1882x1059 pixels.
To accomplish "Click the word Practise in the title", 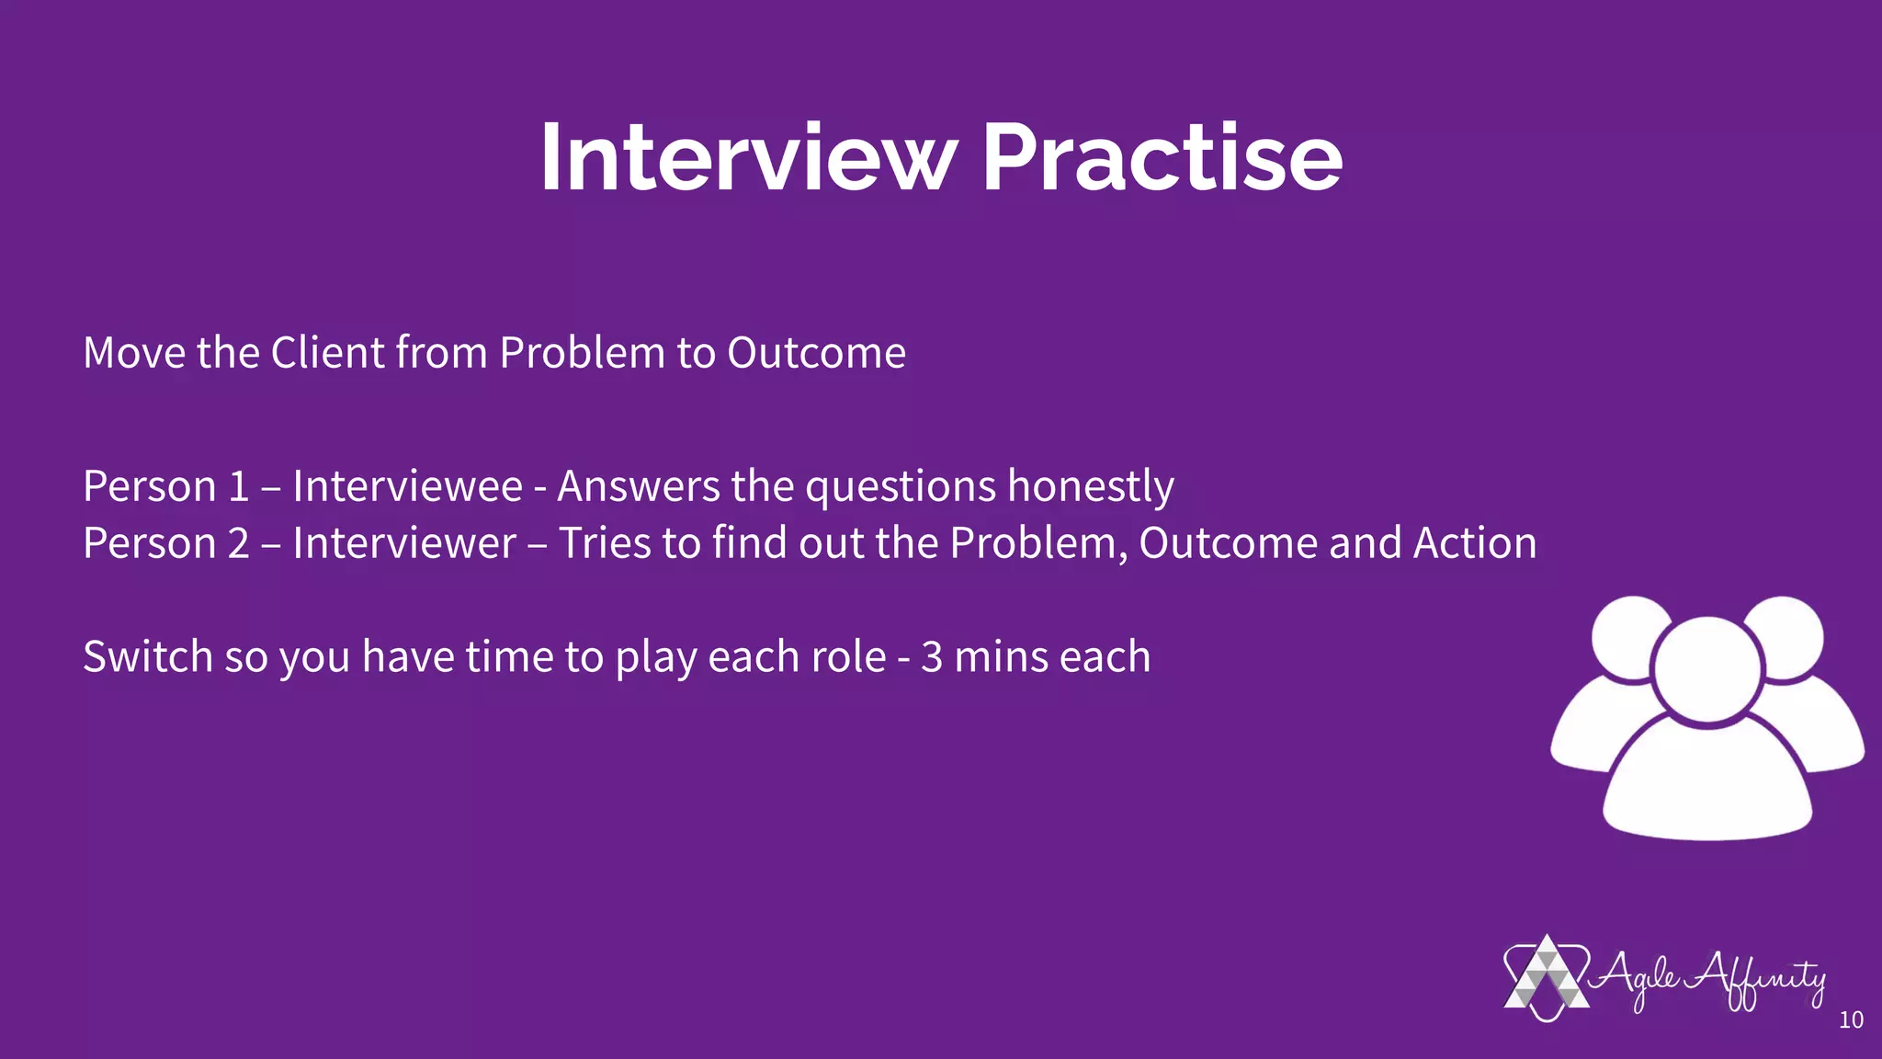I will [1162, 158].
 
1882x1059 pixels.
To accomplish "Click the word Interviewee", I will [407, 486].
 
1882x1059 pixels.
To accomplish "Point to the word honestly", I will [1091, 486].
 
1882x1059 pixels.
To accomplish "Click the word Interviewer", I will [404, 543].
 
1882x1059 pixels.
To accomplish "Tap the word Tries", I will [605, 543].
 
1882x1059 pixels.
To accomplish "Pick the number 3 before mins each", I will [931, 657].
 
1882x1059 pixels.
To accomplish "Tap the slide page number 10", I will [1851, 1019].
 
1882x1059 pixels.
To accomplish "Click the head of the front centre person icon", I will [1706, 668].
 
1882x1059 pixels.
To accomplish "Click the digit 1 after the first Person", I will [238, 486].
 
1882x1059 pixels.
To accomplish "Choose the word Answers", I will [638, 486].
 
